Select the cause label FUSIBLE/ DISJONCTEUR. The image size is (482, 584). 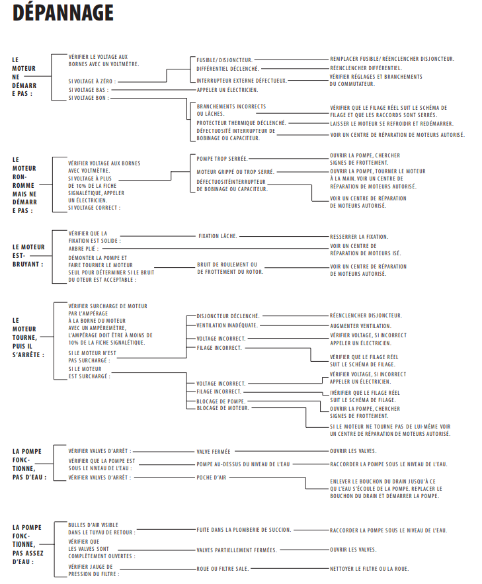coord(225,59)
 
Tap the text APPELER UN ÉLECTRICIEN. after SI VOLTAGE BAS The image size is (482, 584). coord(227,89)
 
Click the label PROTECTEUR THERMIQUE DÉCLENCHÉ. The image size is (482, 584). coord(241,122)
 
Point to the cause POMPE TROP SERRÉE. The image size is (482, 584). coord(222,159)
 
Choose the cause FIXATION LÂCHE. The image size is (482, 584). coord(218,236)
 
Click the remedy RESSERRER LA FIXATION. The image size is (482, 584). coord(359,236)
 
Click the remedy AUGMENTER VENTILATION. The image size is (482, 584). coord(360,325)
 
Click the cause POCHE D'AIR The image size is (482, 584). coord(212,477)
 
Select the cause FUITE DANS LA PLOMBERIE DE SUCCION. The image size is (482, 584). coord(243,530)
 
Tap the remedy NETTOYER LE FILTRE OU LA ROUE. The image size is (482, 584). coord(370,568)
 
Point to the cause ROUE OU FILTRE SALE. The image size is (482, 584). coord(223,568)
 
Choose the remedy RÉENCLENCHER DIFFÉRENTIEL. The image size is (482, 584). coord(366,68)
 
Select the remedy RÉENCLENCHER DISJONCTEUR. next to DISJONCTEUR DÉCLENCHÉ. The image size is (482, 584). coord(366,315)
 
